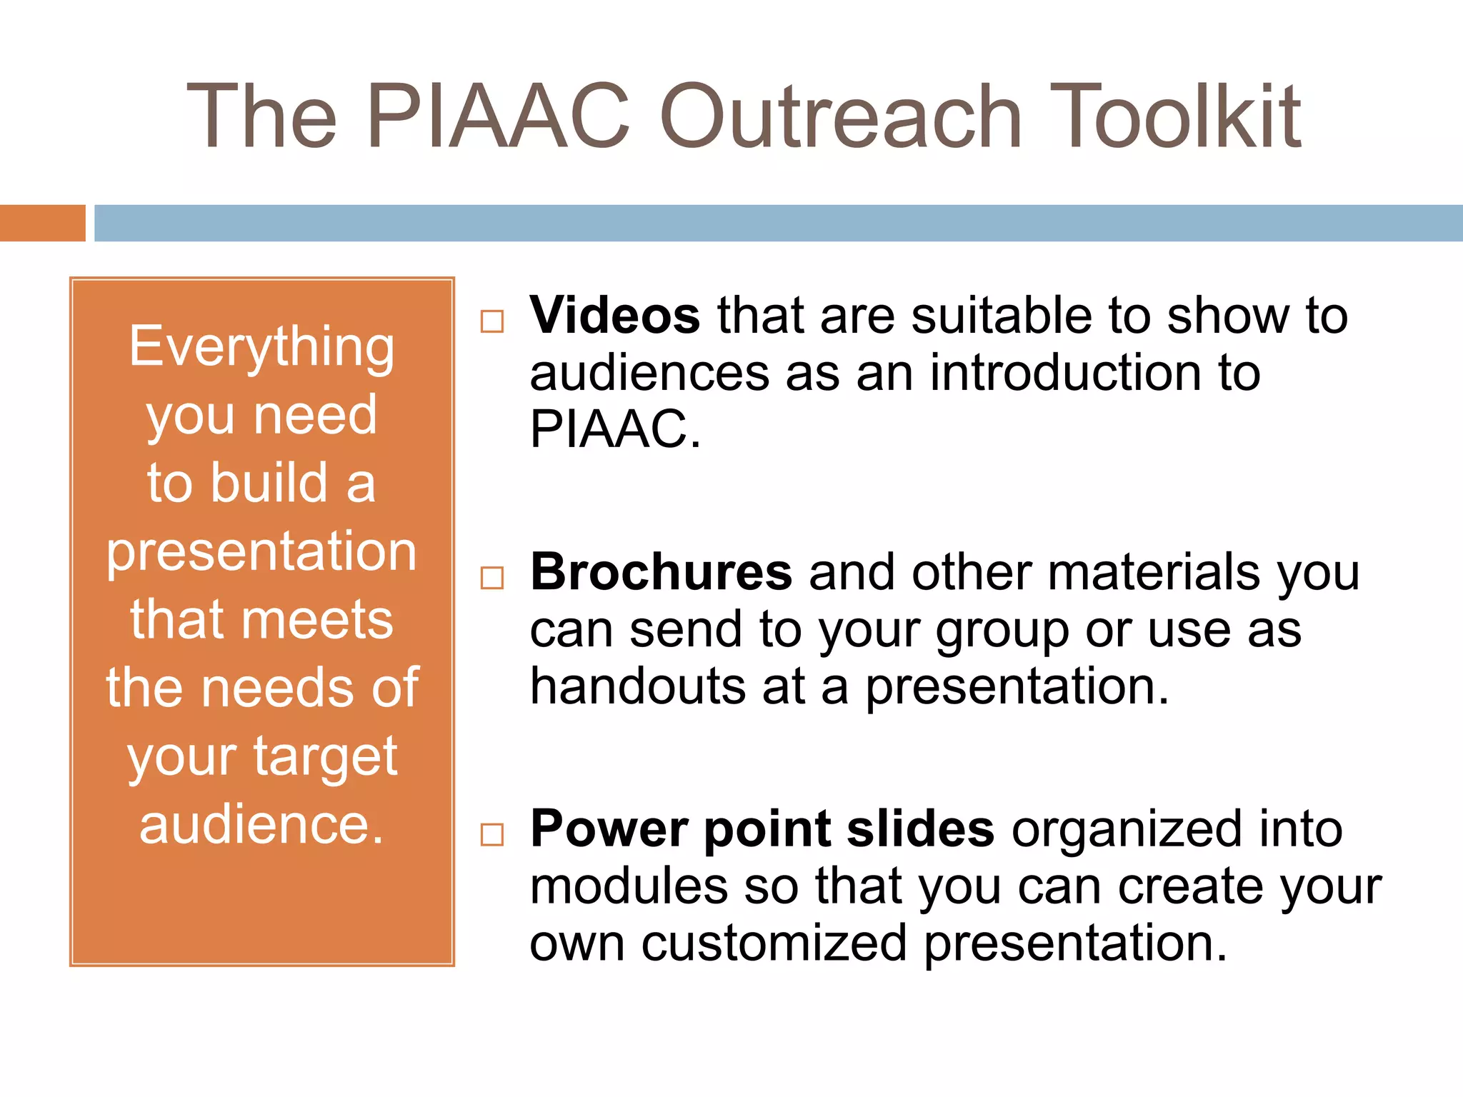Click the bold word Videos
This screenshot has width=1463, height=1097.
click(615, 315)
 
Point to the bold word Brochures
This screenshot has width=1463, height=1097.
click(661, 572)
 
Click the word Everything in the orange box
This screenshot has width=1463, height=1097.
click(261, 348)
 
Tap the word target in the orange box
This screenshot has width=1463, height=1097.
click(325, 757)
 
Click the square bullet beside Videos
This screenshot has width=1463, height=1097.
click(492, 321)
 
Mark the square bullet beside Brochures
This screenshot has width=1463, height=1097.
click(492, 578)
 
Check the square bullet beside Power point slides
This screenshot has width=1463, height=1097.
click(492, 834)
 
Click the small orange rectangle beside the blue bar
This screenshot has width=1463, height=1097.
click(42, 223)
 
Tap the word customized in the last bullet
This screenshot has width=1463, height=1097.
click(774, 943)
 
